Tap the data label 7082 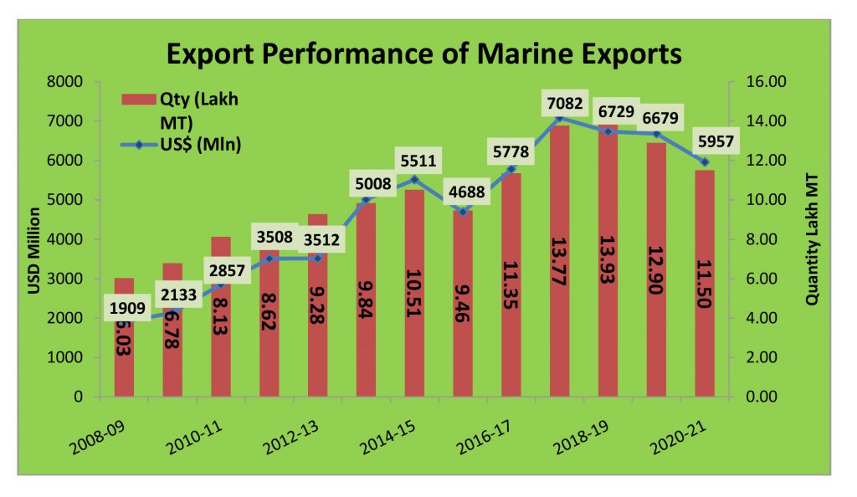[562, 102]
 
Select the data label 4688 [466, 192]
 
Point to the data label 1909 [129, 309]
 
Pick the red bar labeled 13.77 [560, 268]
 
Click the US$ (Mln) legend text [201, 146]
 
